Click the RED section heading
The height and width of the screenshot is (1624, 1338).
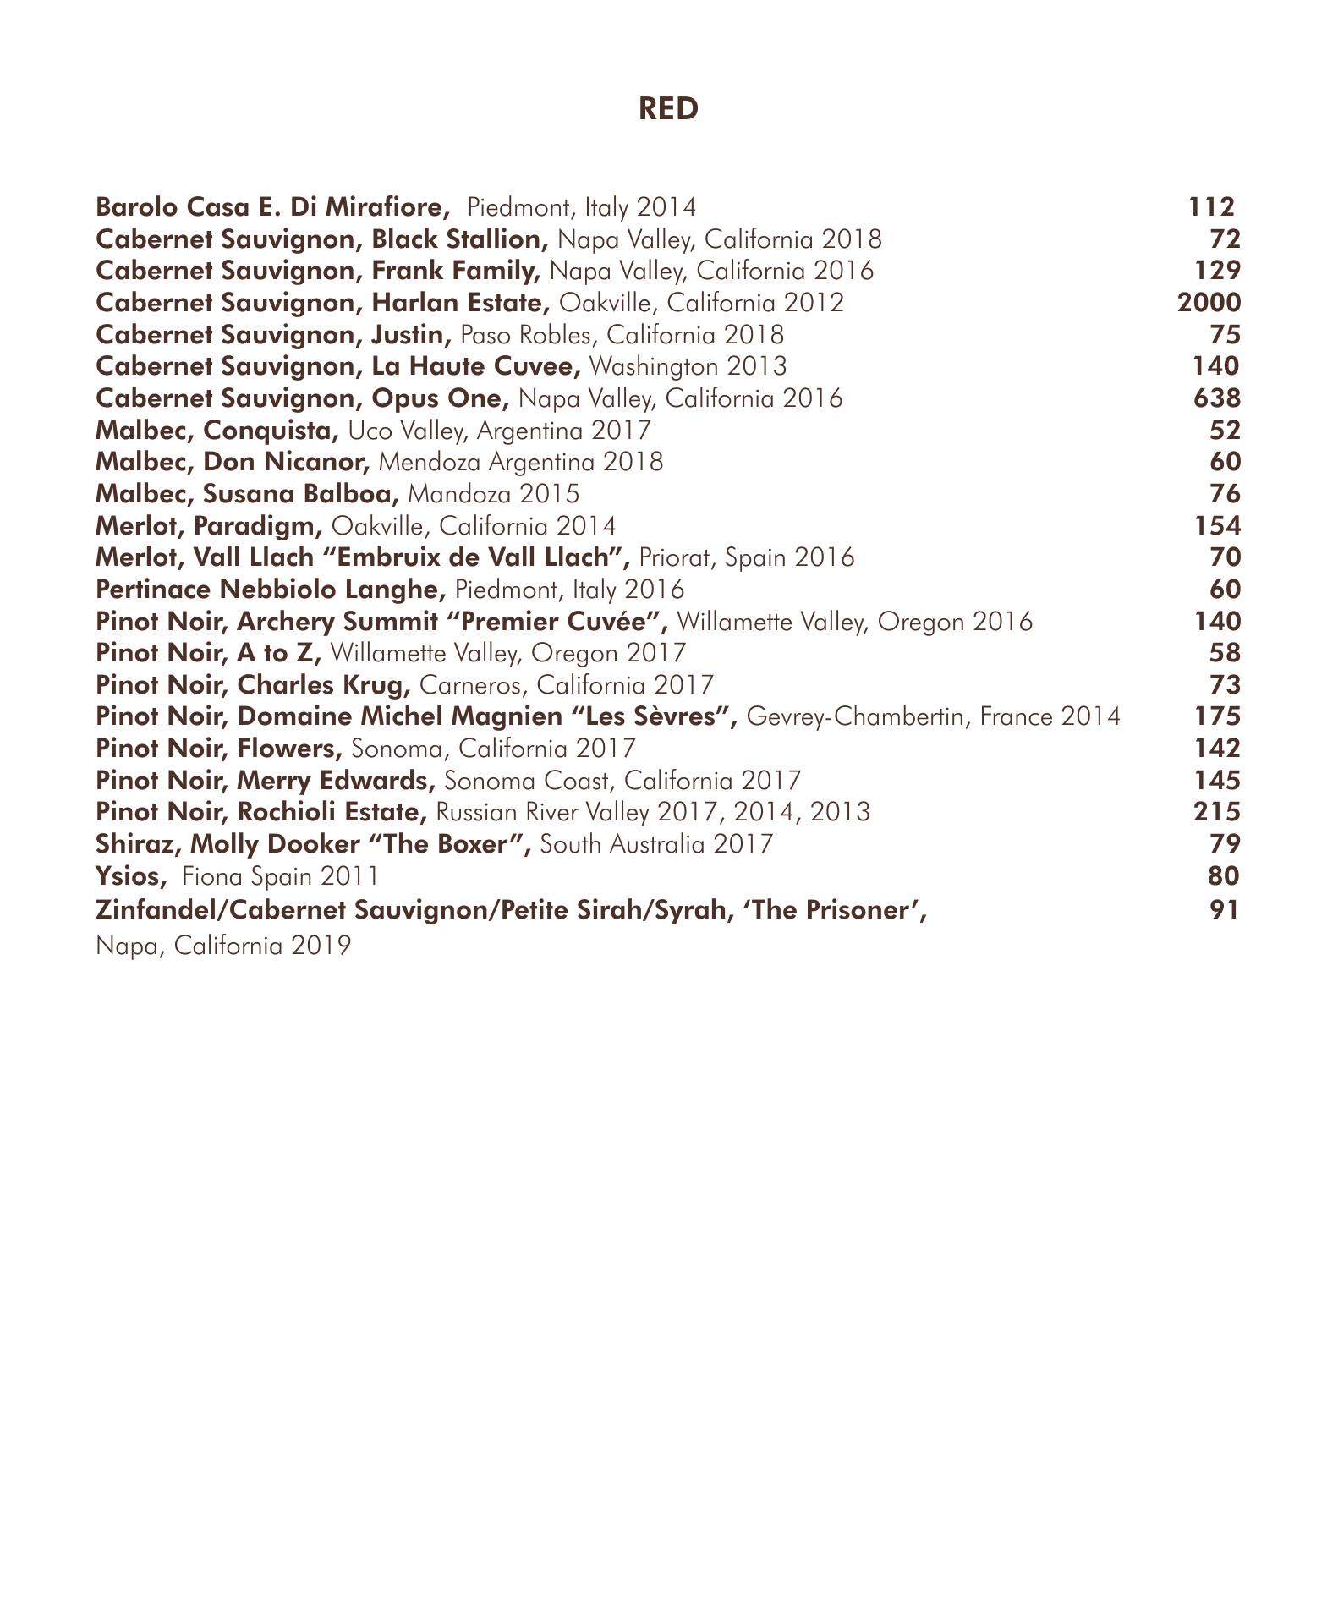pos(668,109)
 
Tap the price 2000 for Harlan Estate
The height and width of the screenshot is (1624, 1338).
pos(1209,303)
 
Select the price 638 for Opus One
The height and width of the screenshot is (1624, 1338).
pos(1216,398)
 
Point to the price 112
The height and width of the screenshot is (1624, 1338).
pos(1210,207)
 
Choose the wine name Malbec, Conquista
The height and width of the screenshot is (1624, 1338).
pos(217,431)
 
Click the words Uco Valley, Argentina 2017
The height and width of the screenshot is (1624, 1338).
pos(500,431)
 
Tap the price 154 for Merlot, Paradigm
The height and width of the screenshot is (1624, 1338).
pos(1217,526)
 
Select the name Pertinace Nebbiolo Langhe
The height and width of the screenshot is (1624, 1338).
pos(271,590)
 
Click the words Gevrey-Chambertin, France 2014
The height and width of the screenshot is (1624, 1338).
pos(934,717)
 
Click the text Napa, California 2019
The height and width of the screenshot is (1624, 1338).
pos(223,946)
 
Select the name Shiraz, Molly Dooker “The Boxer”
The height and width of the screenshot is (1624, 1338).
pos(313,844)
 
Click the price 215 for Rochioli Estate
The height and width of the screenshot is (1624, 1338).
pos(1216,812)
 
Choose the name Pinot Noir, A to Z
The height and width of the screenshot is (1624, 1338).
pos(209,653)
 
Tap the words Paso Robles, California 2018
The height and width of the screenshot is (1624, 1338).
pos(622,335)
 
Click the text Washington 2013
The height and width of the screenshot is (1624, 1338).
pos(687,366)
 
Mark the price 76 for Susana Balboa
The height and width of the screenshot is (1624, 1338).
pos(1224,494)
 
